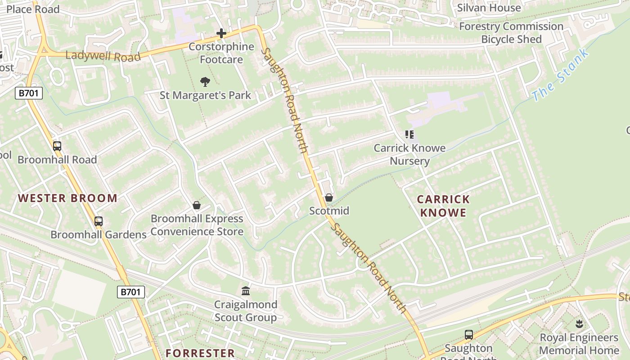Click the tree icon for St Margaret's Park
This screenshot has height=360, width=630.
[x=205, y=82]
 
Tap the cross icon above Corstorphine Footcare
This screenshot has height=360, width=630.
[x=221, y=33]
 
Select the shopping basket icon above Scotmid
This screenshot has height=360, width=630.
[x=329, y=198]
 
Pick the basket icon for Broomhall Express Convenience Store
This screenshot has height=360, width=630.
[x=197, y=206]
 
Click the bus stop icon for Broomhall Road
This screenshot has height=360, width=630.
[x=57, y=146]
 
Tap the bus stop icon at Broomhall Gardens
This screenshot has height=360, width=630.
[x=99, y=221]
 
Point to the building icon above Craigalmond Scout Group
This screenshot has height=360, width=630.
[x=246, y=291]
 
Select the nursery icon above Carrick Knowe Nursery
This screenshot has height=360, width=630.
[x=409, y=135]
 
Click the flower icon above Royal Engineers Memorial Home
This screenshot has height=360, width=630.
[x=579, y=324]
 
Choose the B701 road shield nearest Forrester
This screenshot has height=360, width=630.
[x=131, y=292]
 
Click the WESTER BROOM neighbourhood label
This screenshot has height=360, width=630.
[x=67, y=198]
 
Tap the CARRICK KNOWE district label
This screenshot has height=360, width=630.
[x=443, y=206]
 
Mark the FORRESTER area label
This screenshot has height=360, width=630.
[x=200, y=353]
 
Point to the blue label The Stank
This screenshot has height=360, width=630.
[x=560, y=75]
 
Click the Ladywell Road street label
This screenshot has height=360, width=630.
[x=103, y=56]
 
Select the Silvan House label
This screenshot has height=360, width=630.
[x=489, y=8]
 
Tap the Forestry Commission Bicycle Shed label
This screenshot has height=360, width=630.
[x=511, y=33]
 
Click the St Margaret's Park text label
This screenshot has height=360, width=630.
[x=206, y=95]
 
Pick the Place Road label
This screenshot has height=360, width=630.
[x=33, y=9]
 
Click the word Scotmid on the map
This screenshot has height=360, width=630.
[x=329, y=211]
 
